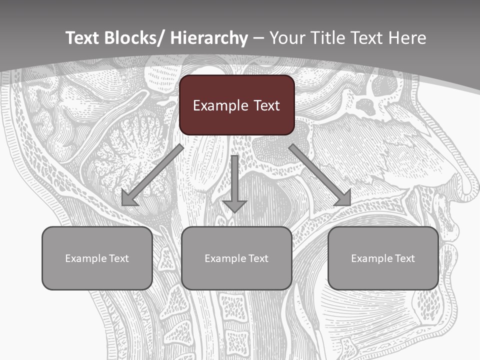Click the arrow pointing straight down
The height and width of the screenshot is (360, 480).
[234, 185]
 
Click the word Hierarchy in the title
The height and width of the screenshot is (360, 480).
[209, 38]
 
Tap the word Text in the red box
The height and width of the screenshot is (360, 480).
[265, 105]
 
